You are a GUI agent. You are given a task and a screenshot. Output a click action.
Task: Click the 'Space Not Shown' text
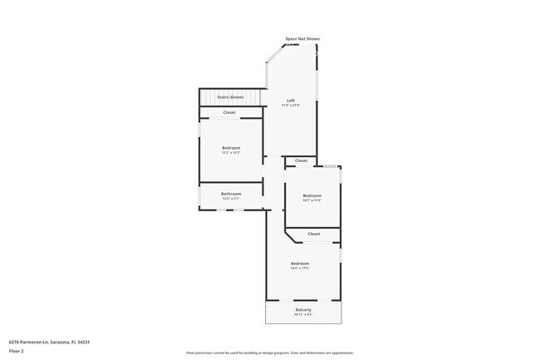point(302,39)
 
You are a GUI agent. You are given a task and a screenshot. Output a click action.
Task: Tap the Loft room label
point(291,101)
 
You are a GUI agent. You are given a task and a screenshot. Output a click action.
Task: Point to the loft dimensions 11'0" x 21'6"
point(291,106)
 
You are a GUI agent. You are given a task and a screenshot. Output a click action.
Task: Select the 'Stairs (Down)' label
point(230,97)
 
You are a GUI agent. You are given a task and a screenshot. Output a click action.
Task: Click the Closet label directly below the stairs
point(229,112)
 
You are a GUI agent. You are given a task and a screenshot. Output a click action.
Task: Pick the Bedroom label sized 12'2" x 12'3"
point(231,148)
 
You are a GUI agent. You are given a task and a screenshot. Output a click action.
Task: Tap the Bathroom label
point(231,194)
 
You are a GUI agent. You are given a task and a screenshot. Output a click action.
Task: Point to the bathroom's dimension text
point(231,199)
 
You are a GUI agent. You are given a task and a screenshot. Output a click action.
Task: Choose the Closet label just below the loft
point(301,160)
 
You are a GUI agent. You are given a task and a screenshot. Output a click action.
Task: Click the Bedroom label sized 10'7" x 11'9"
point(312,195)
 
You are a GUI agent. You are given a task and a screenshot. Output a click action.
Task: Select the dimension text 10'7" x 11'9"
point(312,200)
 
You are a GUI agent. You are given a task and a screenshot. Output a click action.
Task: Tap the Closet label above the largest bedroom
point(314,234)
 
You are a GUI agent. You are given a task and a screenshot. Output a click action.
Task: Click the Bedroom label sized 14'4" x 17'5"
point(300,264)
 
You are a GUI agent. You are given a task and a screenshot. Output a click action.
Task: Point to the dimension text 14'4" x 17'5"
point(300,269)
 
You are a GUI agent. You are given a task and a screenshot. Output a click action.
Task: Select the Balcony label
point(303,310)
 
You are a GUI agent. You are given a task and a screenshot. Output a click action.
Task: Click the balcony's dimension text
point(303,315)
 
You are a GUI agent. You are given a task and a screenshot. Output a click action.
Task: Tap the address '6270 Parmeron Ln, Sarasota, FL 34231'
point(49,342)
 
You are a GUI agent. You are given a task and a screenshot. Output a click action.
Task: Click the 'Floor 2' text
point(17,351)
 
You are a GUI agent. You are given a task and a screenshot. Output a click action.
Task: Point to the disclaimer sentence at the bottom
point(269,353)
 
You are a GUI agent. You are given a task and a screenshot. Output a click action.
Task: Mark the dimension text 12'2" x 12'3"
point(231,153)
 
